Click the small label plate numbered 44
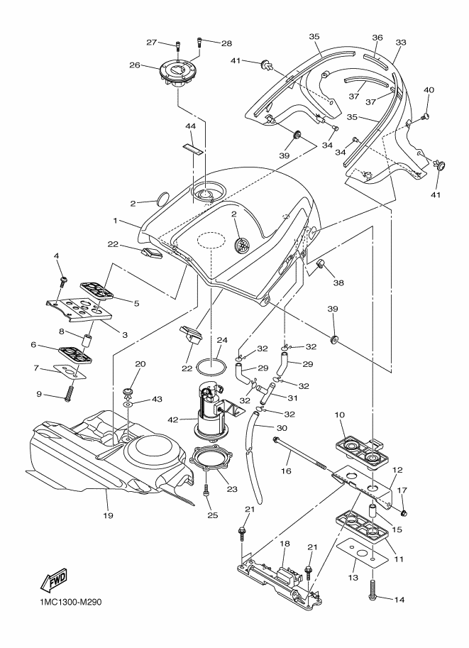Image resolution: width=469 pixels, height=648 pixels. click(191, 148)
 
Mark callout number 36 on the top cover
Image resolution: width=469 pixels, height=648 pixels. click(377, 38)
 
